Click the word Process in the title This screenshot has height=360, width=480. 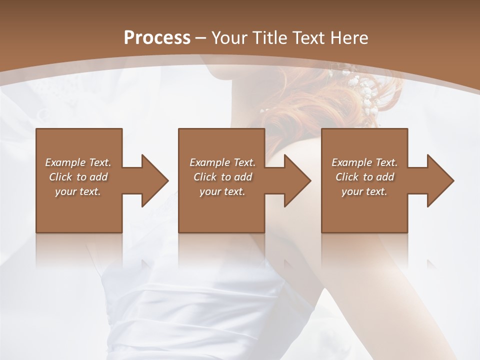tap(157, 37)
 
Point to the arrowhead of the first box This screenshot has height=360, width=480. tap(154, 180)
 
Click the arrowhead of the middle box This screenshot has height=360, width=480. tap(297, 180)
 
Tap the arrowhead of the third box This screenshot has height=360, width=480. tap(440, 180)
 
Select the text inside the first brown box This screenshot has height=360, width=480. tap(78, 177)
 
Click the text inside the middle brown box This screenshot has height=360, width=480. tap(222, 177)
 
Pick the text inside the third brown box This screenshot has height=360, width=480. tap(364, 177)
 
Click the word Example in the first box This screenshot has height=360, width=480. tap(65, 162)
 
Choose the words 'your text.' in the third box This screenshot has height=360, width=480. tap(364, 191)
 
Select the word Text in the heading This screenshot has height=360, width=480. tap(307, 37)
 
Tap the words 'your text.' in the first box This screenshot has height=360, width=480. tap(78, 191)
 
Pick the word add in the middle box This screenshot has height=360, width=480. tap(243, 177)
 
